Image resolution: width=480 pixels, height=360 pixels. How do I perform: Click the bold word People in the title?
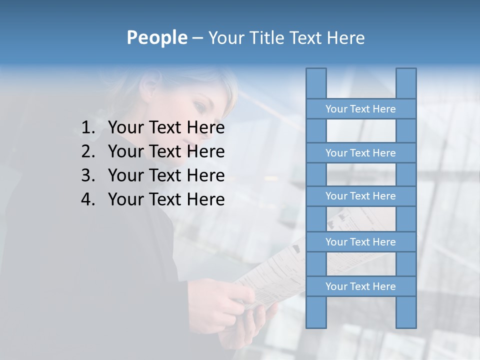click(156, 38)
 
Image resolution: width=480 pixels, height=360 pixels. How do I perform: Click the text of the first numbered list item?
click(166, 128)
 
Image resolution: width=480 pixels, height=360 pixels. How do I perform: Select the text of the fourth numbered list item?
click(166, 199)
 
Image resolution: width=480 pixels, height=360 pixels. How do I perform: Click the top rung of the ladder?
click(360, 109)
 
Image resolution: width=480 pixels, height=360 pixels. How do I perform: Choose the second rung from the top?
click(360, 153)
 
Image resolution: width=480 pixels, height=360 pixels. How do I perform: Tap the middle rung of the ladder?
click(360, 196)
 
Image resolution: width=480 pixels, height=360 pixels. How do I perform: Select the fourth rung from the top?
click(360, 242)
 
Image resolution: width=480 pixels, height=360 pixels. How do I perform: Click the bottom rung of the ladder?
click(360, 286)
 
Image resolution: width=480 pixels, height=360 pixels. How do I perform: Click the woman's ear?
click(150, 89)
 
